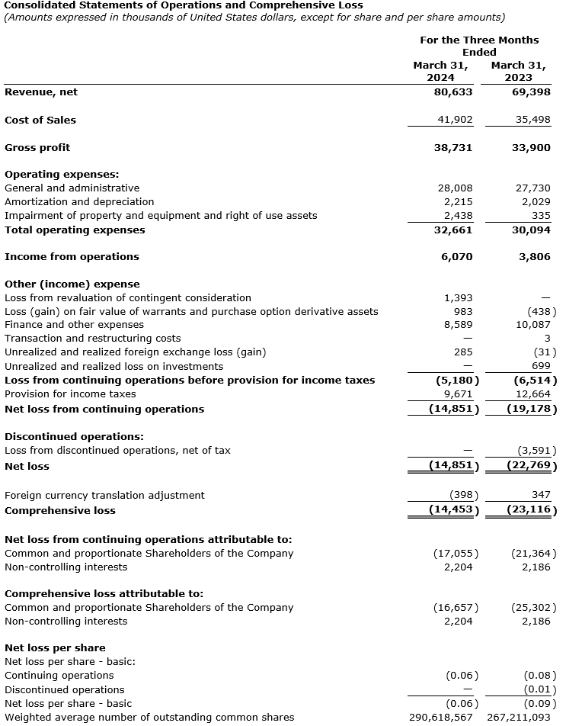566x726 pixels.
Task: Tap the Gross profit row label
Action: pos(37,147)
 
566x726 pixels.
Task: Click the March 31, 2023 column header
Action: pos(518,71)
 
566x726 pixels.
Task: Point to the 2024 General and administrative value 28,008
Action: pos(455,188)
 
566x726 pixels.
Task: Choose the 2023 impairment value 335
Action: pos(541,216)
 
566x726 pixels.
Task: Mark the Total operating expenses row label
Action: pos(75,230)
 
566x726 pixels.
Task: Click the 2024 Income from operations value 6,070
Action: pos(457,257)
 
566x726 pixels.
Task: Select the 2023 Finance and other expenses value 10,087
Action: pos(531,325)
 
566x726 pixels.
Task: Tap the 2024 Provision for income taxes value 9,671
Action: pos(458,394)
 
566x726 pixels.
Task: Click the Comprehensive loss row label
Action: pos(60,510)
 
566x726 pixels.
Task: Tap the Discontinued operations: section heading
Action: pos(74,437)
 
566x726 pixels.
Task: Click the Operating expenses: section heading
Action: pos(62,174)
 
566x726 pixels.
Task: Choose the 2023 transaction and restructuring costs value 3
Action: pos(547,339)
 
